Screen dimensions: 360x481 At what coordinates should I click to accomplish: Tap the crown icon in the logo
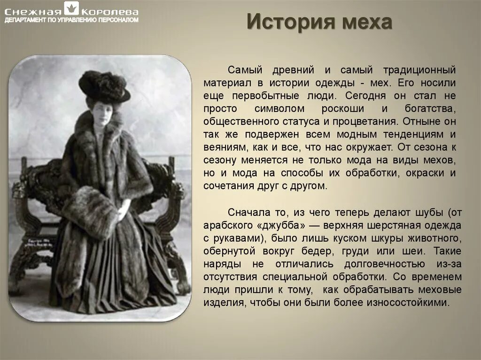(71, 9)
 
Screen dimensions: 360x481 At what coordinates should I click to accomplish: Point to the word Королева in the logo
(110, 11)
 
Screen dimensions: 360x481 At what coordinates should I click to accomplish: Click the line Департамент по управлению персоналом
(71, 20)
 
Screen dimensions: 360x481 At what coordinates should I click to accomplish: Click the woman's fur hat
(104, 85)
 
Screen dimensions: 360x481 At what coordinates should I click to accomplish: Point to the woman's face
(103, 112)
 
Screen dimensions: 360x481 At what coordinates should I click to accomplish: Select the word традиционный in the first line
(419, 70)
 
